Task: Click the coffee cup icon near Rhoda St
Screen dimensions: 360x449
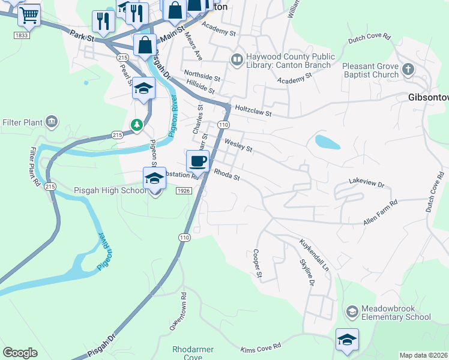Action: pos(197,161)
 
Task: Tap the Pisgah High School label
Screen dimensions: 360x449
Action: pos(110,190)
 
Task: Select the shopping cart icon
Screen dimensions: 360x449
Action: pos(28,15)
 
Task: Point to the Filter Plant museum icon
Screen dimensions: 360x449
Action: pos(52,122)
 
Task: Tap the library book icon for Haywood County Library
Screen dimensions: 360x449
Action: pos(237,60)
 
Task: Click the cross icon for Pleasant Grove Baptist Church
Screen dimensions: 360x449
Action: pos(408,70)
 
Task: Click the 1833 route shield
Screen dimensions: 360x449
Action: pos(22,36)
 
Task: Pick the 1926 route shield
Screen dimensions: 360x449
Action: pos(184,190)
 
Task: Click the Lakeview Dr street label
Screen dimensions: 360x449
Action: pos(366,181)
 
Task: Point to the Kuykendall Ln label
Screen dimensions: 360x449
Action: pos(315,255)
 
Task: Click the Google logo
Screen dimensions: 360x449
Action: pos(20,352)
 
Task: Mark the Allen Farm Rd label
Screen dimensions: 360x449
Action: pos(380,214)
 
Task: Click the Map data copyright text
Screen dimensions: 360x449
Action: pos(423,355)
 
